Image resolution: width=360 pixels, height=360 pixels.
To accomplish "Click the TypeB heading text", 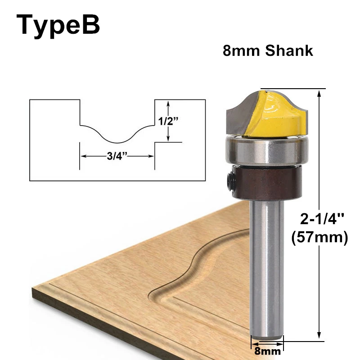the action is [58, 25].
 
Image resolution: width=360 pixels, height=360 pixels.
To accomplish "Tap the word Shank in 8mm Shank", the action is [289, 51].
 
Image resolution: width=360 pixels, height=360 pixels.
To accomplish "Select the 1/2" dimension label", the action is [168, 121].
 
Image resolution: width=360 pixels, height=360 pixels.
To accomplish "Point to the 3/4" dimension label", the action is [117, 156].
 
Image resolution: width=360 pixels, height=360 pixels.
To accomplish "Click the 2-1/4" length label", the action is [322, 219].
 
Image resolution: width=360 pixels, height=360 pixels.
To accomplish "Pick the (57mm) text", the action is [319, 238].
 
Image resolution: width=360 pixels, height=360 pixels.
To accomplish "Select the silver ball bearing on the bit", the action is [267, 150].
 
